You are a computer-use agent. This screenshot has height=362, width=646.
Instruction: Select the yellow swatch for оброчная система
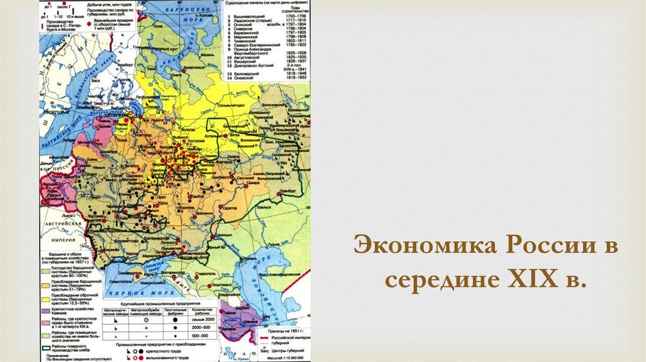(x=46, y=296)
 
